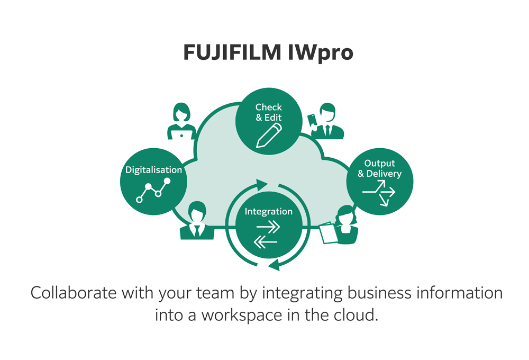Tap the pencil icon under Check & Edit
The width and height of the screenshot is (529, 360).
tap(268, 136)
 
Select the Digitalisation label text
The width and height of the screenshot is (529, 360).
tap(153, 170)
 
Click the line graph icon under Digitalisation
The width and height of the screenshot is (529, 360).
tap(153, 190)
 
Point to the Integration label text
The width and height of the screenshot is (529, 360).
tap(268, 211)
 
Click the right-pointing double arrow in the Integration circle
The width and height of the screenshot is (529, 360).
tap(268, 227)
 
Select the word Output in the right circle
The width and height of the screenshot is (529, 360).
tap(379, 163)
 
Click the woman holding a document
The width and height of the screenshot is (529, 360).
tap(344, 224)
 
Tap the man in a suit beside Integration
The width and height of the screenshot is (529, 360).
tap(197, 221)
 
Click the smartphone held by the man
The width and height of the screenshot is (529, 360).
tap(312, 119)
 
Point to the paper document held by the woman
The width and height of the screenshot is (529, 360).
tap(328, 233)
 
